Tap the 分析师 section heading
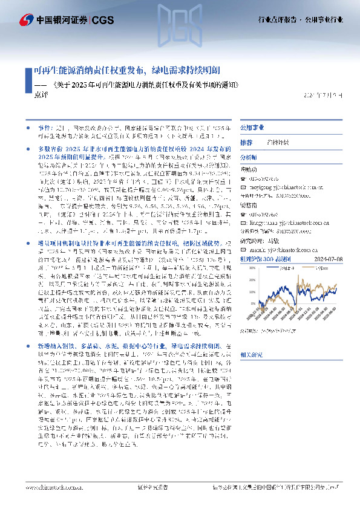point(249,157)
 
